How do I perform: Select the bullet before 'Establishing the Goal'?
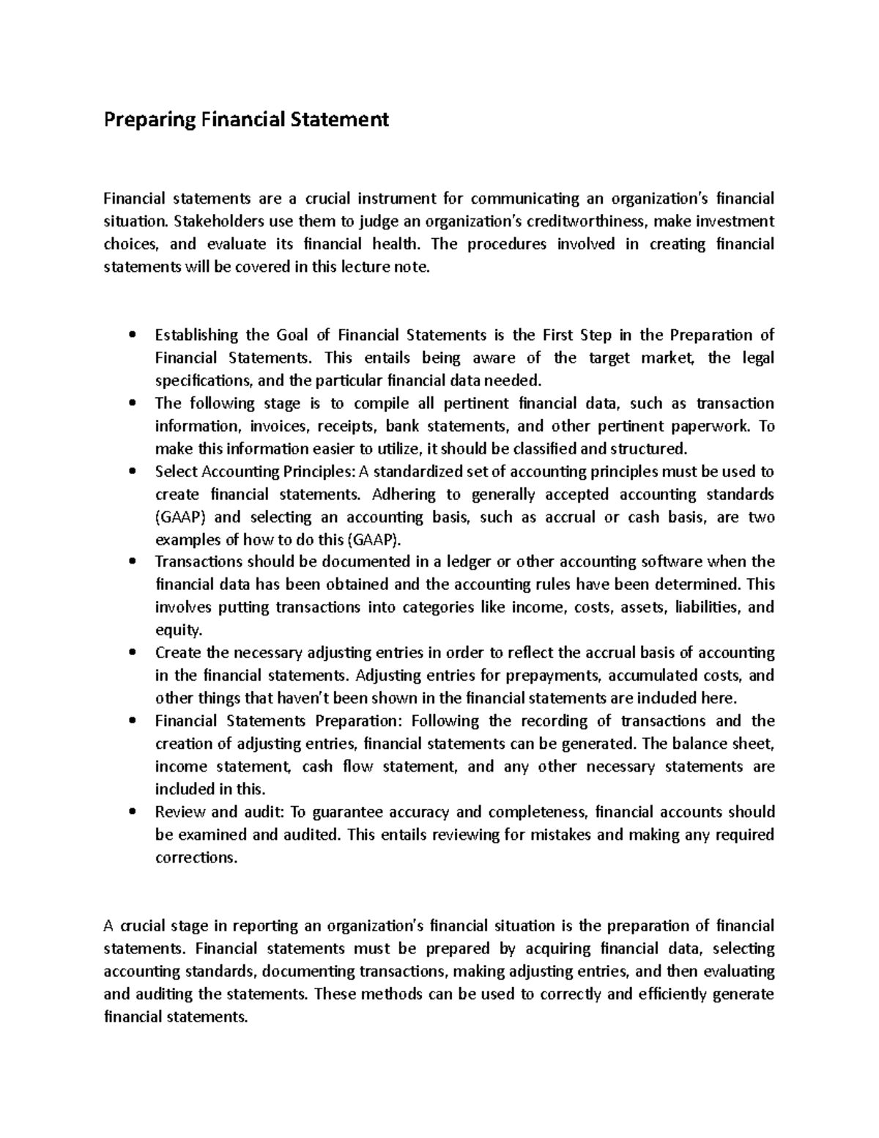click(132, 336)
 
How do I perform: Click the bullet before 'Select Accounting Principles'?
click(132, 472)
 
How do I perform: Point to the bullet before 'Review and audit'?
click(132, 812)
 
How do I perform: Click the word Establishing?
click(196, 336)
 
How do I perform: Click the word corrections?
click(196, 857)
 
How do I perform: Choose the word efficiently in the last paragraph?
click(673, 994)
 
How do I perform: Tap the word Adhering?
click(403, 495)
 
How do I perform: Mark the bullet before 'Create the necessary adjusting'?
click(132, 653)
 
